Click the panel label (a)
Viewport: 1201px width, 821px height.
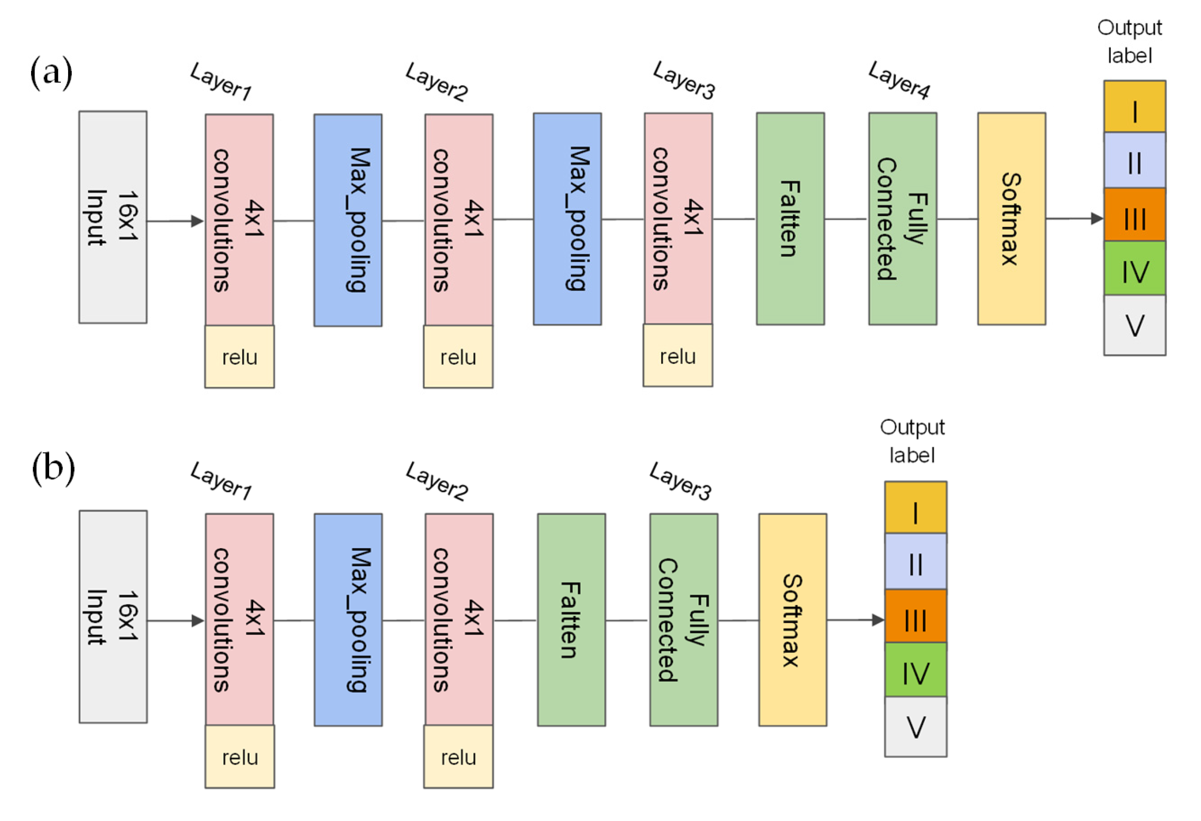tap(51, 73)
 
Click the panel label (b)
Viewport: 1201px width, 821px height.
tap(53, 468)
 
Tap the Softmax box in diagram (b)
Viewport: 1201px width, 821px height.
tap(792, 619)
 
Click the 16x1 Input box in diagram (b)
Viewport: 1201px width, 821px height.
tap(112, 617)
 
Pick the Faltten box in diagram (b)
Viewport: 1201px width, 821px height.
tap(571, 619)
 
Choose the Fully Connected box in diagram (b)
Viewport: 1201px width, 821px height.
tap(683, 619)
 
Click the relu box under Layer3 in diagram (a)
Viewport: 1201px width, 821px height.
tap(677, 356)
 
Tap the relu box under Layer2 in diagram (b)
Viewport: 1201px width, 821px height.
tap(458, 757)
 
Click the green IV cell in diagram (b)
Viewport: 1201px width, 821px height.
tap(915, 670)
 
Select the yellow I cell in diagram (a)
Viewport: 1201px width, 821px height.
tap(1134, 107)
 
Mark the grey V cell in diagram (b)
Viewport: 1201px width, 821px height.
tap(915, 726)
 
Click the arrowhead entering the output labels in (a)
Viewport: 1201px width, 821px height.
tap(1096, 218)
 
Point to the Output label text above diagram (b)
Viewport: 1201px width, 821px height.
tap(912, 441)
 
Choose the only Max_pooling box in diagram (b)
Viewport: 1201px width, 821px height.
tap(348, 619)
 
